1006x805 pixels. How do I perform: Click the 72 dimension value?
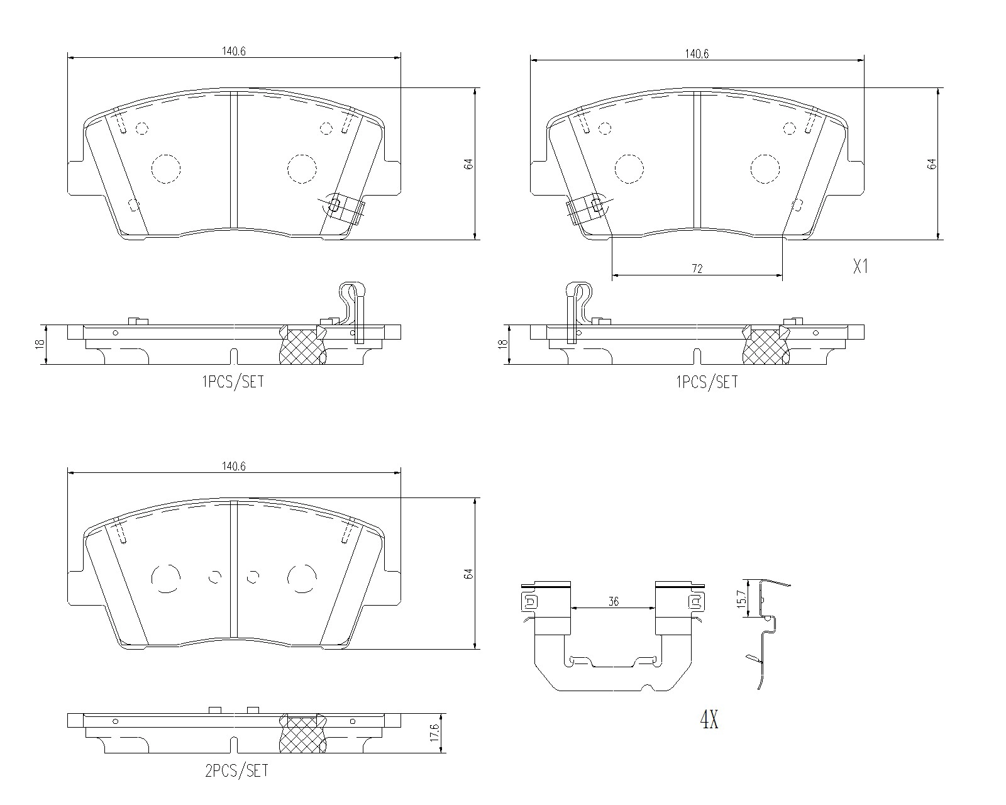(697, 269)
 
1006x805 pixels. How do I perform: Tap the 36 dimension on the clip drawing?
(614, 602)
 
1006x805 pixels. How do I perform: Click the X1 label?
(860, 266)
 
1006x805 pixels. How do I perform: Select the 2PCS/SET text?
(236, 770)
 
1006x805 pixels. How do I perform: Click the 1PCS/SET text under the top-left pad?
(233, 381)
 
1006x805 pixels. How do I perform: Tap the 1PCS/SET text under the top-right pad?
(707, 381)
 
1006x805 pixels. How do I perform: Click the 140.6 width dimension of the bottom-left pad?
(233, 466)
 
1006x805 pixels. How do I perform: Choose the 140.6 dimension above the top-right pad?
(697, 54)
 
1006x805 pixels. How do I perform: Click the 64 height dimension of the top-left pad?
(468, 164)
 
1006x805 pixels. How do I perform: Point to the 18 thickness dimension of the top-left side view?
(40, 344)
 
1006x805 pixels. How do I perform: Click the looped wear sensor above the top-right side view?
(578, 302)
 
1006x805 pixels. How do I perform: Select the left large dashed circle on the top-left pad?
(166, 169)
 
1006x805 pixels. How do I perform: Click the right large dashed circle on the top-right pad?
(765, 169)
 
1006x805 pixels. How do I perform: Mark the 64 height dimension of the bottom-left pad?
(468, 574)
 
